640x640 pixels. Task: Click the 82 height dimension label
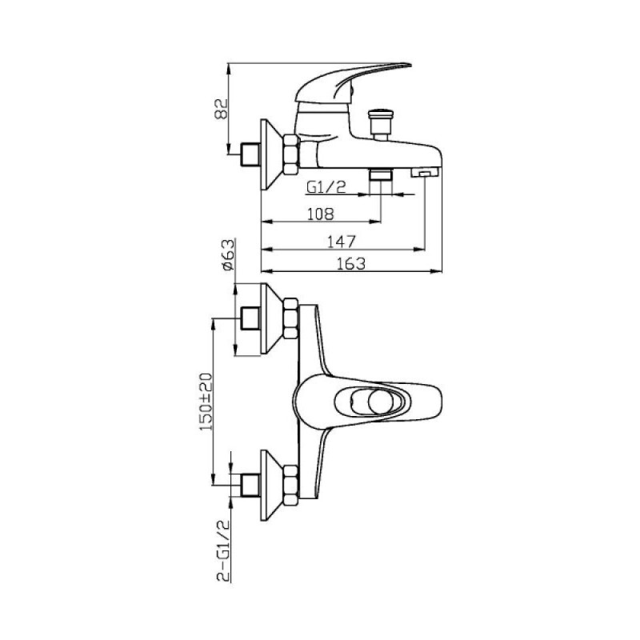tap(221, 108)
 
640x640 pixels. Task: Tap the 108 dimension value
tap(321, 214)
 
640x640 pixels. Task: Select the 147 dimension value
tap(342, 242)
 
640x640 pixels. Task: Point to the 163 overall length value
tap(351, 264)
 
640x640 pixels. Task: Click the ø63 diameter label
tap(228, 255)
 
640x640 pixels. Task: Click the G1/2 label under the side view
tap(326, 187)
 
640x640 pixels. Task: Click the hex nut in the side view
tap(291, 154)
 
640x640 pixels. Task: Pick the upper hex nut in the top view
tap(291, 318)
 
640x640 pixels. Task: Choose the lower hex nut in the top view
tap(291, 486)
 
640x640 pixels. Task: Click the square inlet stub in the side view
tap(250, 154)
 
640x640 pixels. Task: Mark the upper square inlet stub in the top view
tap(250, 318)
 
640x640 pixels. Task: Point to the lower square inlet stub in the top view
tap(250, 485)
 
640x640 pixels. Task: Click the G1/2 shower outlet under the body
tap(381, 174)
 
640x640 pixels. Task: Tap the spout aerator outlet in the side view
tap(425, 173)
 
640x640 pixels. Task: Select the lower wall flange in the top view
tap(270, 486)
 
